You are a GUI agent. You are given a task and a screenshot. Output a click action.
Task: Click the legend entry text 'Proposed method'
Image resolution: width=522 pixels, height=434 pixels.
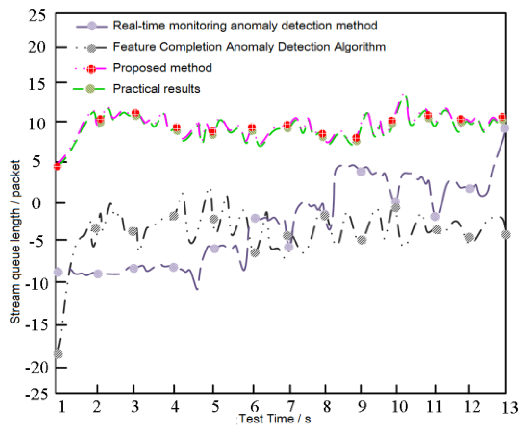(x=162, y=68)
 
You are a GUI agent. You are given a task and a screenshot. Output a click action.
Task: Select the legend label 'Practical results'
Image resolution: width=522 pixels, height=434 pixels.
(x=156, y=89)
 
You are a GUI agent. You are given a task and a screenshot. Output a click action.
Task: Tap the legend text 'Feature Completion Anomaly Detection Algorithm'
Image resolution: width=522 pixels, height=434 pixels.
(x=249, y=47)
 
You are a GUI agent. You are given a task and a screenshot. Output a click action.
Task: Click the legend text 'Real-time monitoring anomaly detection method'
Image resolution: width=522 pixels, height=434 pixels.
(x=245, y=26)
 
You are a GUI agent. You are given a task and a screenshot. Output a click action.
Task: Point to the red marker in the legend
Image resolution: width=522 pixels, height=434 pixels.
(x=91, y=69)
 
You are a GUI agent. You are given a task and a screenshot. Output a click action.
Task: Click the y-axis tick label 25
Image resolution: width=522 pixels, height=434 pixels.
(x=37, y=15)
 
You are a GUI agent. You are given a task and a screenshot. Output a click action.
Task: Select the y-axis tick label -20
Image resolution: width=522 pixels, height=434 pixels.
(x=37, y=368)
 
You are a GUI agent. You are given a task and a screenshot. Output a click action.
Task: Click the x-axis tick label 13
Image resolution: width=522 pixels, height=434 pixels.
(x=509, y=408)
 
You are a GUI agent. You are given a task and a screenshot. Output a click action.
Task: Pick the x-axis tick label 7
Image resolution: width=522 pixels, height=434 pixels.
(x=290, y=407)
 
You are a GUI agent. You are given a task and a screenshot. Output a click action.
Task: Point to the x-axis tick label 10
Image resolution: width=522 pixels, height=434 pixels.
(x=399, y=407)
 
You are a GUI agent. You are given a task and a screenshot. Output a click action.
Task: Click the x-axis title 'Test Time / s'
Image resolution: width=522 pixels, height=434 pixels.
(x=275, y=419)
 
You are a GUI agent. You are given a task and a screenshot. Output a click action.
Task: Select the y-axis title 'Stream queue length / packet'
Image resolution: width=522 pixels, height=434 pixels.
(x=15, y=242)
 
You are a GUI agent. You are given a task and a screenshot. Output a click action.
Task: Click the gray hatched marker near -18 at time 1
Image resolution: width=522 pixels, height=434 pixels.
(x=58, y=354)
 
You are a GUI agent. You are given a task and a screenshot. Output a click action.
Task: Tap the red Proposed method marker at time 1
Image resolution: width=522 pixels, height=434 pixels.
(x=57, y=166)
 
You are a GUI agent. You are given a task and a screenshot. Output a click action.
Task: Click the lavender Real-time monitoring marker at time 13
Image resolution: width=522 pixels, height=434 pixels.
(x=504, y=128)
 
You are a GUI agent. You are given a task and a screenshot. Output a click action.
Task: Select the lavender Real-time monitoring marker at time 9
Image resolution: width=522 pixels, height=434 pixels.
(x=361, y=172)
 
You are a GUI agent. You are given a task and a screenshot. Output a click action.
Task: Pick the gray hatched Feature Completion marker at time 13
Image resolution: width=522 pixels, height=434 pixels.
(x=506, y=235)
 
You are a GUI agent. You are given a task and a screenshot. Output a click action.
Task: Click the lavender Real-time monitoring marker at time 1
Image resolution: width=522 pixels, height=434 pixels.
(x=58, y=272)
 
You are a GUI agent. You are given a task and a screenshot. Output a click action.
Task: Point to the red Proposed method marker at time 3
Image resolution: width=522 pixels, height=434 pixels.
(x=135, y=113)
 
